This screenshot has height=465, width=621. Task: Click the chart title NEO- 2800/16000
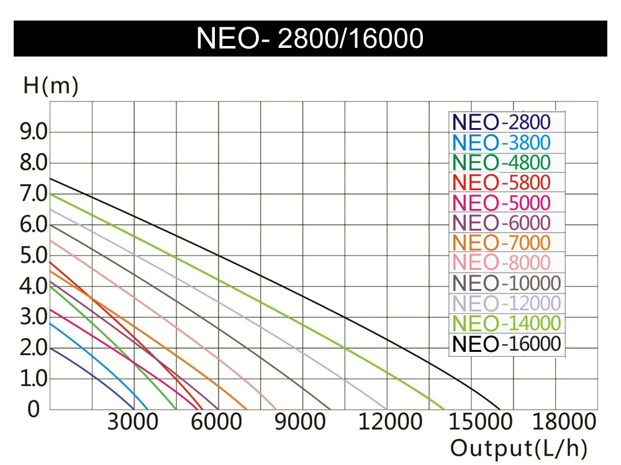310,39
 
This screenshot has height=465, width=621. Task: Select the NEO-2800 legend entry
501,122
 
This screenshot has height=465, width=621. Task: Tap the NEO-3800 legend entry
501,142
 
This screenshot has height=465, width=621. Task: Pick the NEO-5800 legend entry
501,183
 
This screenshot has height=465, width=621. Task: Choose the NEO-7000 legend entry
501,242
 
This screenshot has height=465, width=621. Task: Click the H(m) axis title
51,86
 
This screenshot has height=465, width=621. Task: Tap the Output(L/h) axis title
519,448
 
